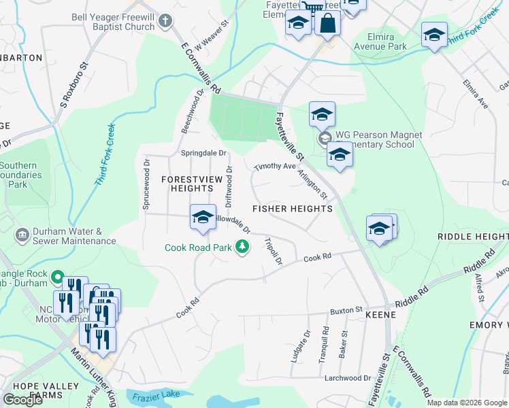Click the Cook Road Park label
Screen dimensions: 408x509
(198, 248)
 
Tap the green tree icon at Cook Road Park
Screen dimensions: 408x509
(242, 248)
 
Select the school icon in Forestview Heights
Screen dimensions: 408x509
(203, 218)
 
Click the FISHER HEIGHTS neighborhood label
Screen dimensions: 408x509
(293, 209)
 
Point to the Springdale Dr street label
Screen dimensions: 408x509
(203, 153)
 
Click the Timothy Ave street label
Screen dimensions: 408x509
(275, 167)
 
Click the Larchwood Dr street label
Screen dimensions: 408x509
(348, 378)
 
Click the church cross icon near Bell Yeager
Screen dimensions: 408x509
(165, 21)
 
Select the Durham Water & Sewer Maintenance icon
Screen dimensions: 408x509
(22, 235)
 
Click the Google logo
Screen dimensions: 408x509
(22, 399)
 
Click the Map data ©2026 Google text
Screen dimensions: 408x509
(466, 403)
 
